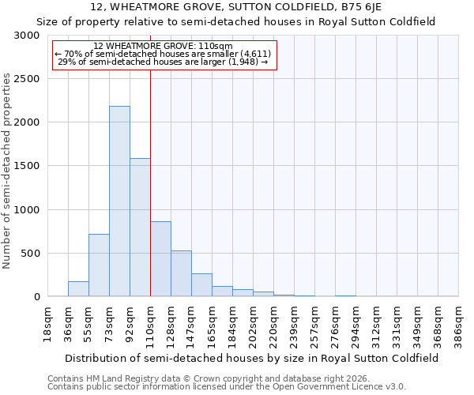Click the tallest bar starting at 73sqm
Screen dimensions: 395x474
point(119,201)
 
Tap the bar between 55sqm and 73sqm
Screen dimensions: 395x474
point(99,265)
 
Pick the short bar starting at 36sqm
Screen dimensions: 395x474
point(78,288)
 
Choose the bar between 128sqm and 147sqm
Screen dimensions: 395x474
point(181,273)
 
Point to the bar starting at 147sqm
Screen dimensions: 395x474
point(201,284)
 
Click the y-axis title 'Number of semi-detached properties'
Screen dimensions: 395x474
point(7,171)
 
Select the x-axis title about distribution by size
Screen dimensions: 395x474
point(252,358)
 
